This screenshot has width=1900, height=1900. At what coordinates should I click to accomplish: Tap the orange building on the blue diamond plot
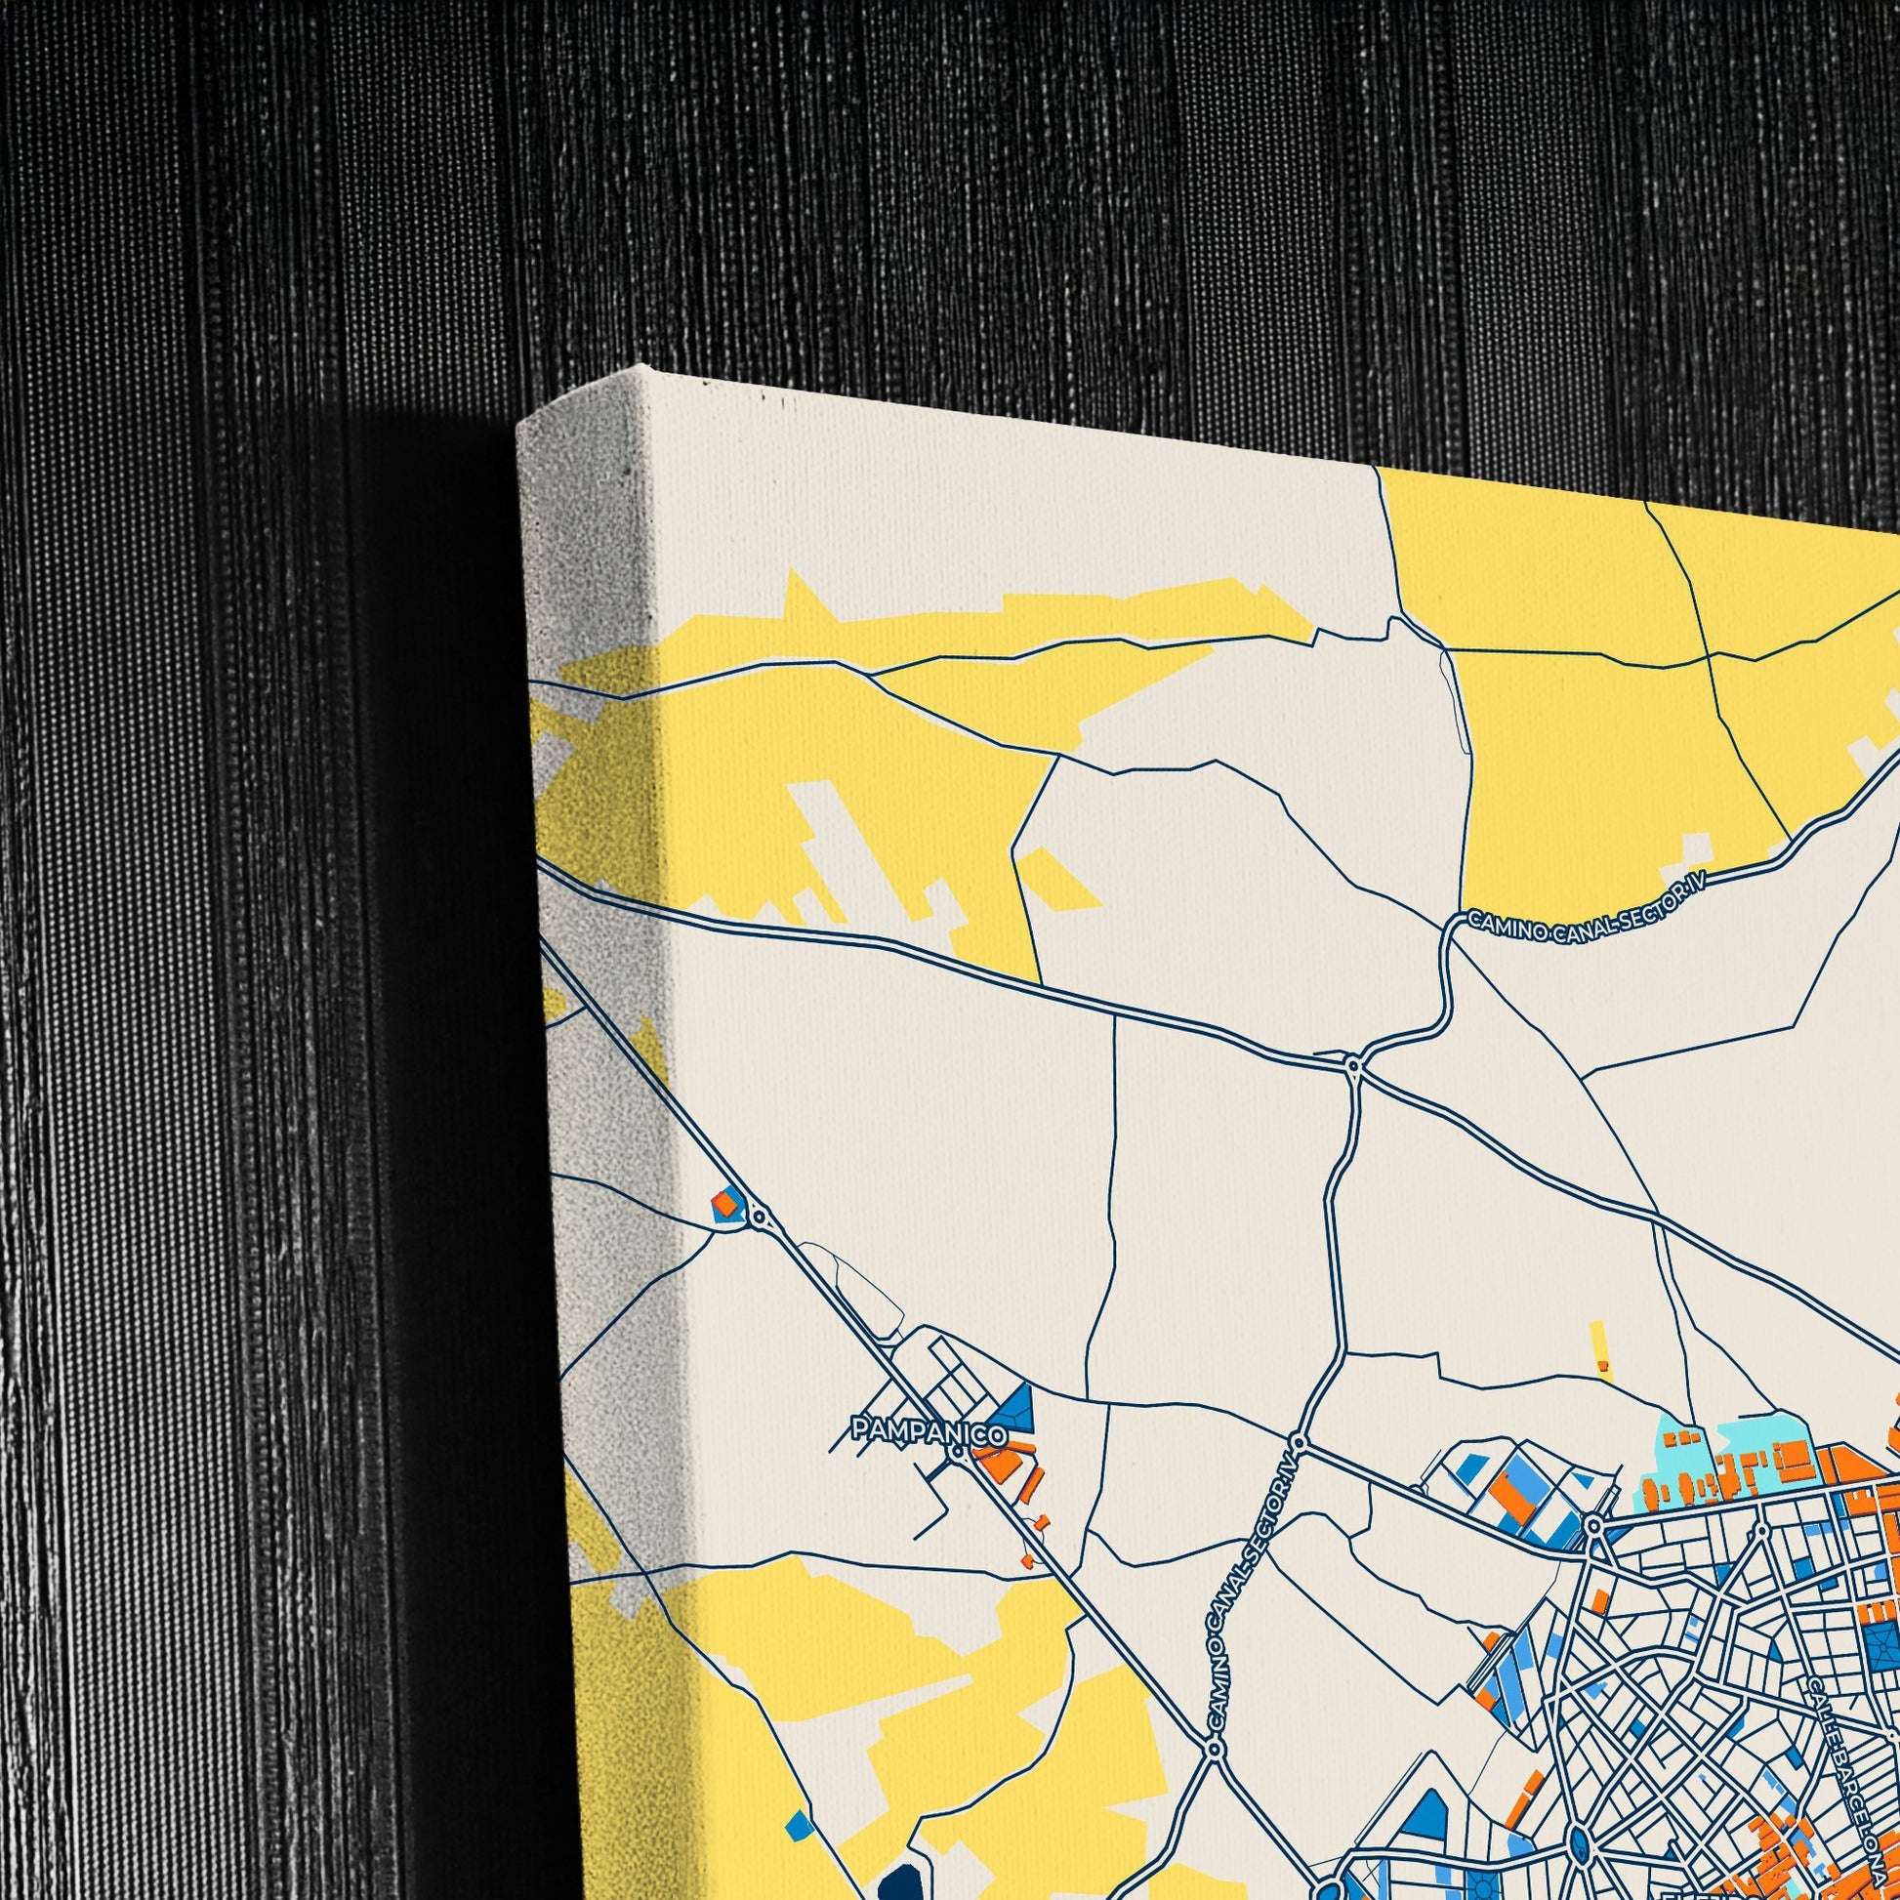(x=723, y=1202)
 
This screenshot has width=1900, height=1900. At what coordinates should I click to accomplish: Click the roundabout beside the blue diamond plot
(x=759, y=1218)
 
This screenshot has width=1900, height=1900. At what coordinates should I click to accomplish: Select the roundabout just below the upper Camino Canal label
(x=1353, y=1065)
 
